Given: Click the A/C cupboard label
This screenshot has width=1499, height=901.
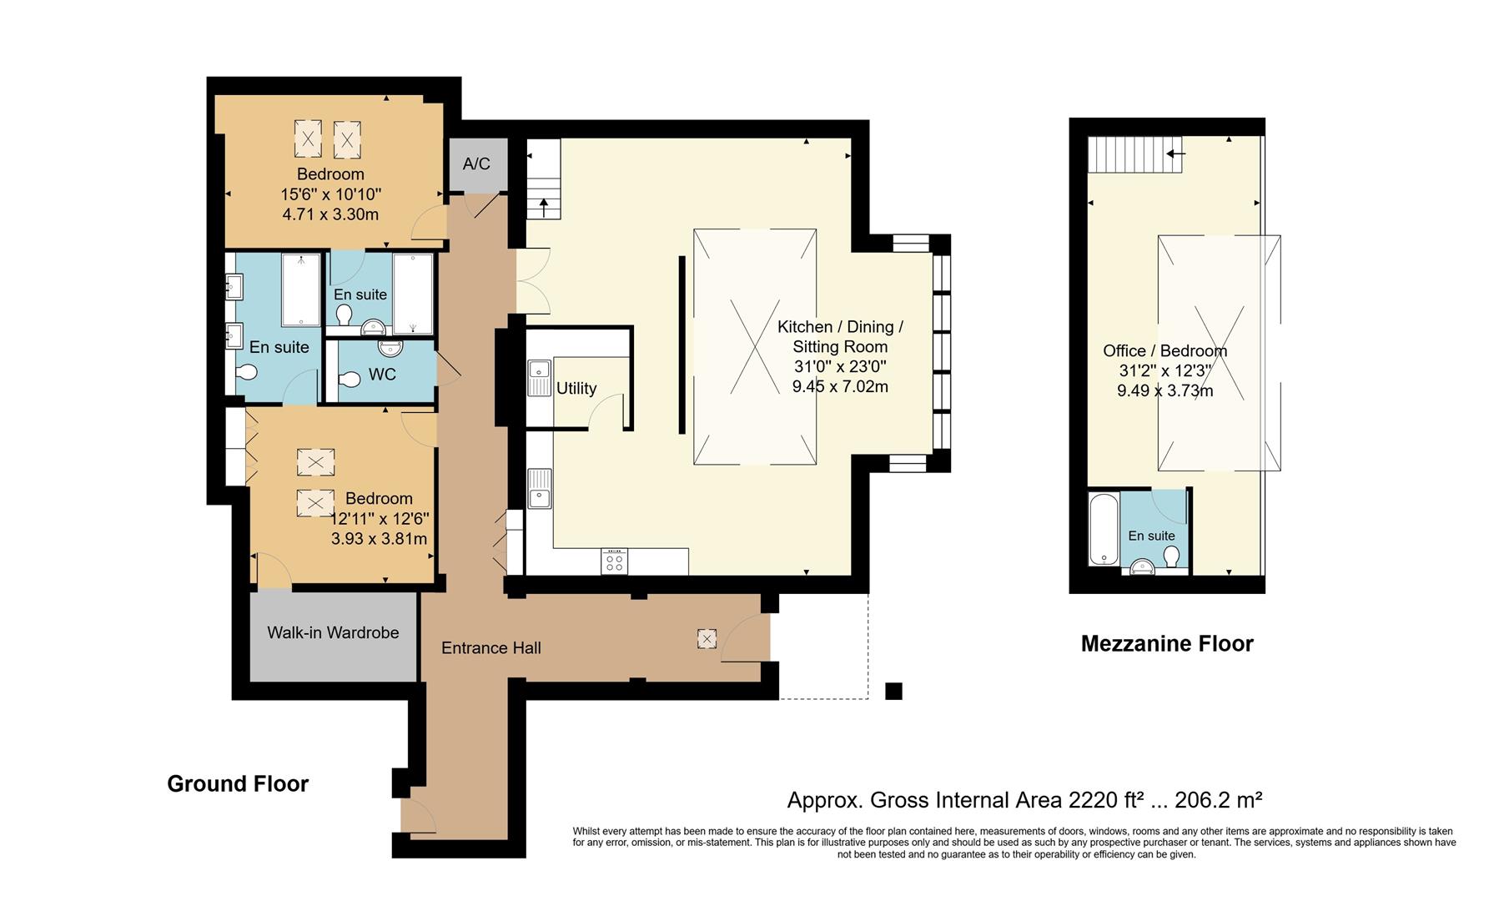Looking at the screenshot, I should [476, 164].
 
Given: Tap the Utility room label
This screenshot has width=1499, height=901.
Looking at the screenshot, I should [576, 388].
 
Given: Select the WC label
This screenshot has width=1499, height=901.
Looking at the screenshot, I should [382, 375].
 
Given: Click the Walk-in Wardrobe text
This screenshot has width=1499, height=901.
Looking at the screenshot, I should [333, 632].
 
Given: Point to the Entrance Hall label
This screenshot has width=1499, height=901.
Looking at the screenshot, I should [490, 647].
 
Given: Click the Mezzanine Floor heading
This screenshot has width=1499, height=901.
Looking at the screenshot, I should [1166, 643].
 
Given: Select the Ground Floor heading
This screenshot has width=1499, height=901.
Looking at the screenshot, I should [238, 783].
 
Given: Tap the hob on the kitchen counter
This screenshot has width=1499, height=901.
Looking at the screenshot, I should [614, 561].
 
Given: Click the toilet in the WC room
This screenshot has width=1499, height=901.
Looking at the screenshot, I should [349, 380].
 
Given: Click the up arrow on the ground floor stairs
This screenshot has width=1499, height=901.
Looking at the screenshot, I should [544, 206].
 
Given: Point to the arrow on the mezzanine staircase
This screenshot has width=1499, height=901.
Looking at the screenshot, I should [1176, 154].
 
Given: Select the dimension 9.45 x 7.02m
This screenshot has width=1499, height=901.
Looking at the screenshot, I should [840, 386].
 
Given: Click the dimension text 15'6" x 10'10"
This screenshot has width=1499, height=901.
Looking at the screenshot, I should [330, 194].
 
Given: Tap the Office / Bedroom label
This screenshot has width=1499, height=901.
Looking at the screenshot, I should [1164, 351].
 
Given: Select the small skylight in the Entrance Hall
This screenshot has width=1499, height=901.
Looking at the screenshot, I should [707, 639].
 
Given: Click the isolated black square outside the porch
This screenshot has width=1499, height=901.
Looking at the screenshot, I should [893, 691].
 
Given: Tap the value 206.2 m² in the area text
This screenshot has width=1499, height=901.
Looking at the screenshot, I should [1218, 801].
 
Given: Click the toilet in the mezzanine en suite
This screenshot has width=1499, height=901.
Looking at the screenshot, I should [1172, 556].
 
